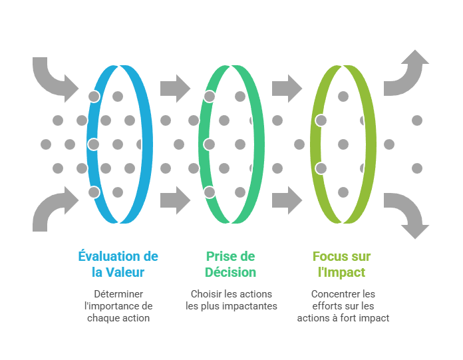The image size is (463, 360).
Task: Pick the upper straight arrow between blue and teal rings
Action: [x=175, y=88]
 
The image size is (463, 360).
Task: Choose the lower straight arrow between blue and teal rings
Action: [x=175, y=200]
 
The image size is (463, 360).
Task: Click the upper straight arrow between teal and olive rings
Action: [x=287, y=88]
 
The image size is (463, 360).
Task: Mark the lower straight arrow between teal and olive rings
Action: [x=287, y=200]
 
